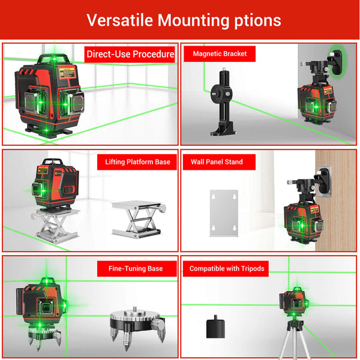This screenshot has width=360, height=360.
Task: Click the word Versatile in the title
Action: [119, 20]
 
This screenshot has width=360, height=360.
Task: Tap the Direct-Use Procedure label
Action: [130, 55]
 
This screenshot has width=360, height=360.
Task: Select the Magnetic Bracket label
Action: [220, 54]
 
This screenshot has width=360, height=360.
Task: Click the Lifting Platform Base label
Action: [137, 162]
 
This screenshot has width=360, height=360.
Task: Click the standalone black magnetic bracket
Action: [223, 102]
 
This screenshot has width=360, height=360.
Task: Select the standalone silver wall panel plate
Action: [224, 213]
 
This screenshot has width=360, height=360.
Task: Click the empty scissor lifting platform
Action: [139, 219]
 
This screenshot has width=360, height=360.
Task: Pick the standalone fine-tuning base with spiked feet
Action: [137, 327]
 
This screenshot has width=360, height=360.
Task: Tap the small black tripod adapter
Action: [215, 327]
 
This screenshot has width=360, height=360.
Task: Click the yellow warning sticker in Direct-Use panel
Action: [67, 73]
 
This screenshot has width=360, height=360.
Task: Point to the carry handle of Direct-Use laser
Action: [54, 59]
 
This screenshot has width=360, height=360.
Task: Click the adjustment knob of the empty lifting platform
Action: [163, 208]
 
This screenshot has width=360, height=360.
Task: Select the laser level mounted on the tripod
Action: [294, 301]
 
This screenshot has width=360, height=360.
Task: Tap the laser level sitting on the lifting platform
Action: [55, 184]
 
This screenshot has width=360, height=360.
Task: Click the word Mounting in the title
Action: [193, 20]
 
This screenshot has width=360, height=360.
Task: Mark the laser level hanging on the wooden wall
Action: [304, 221]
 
